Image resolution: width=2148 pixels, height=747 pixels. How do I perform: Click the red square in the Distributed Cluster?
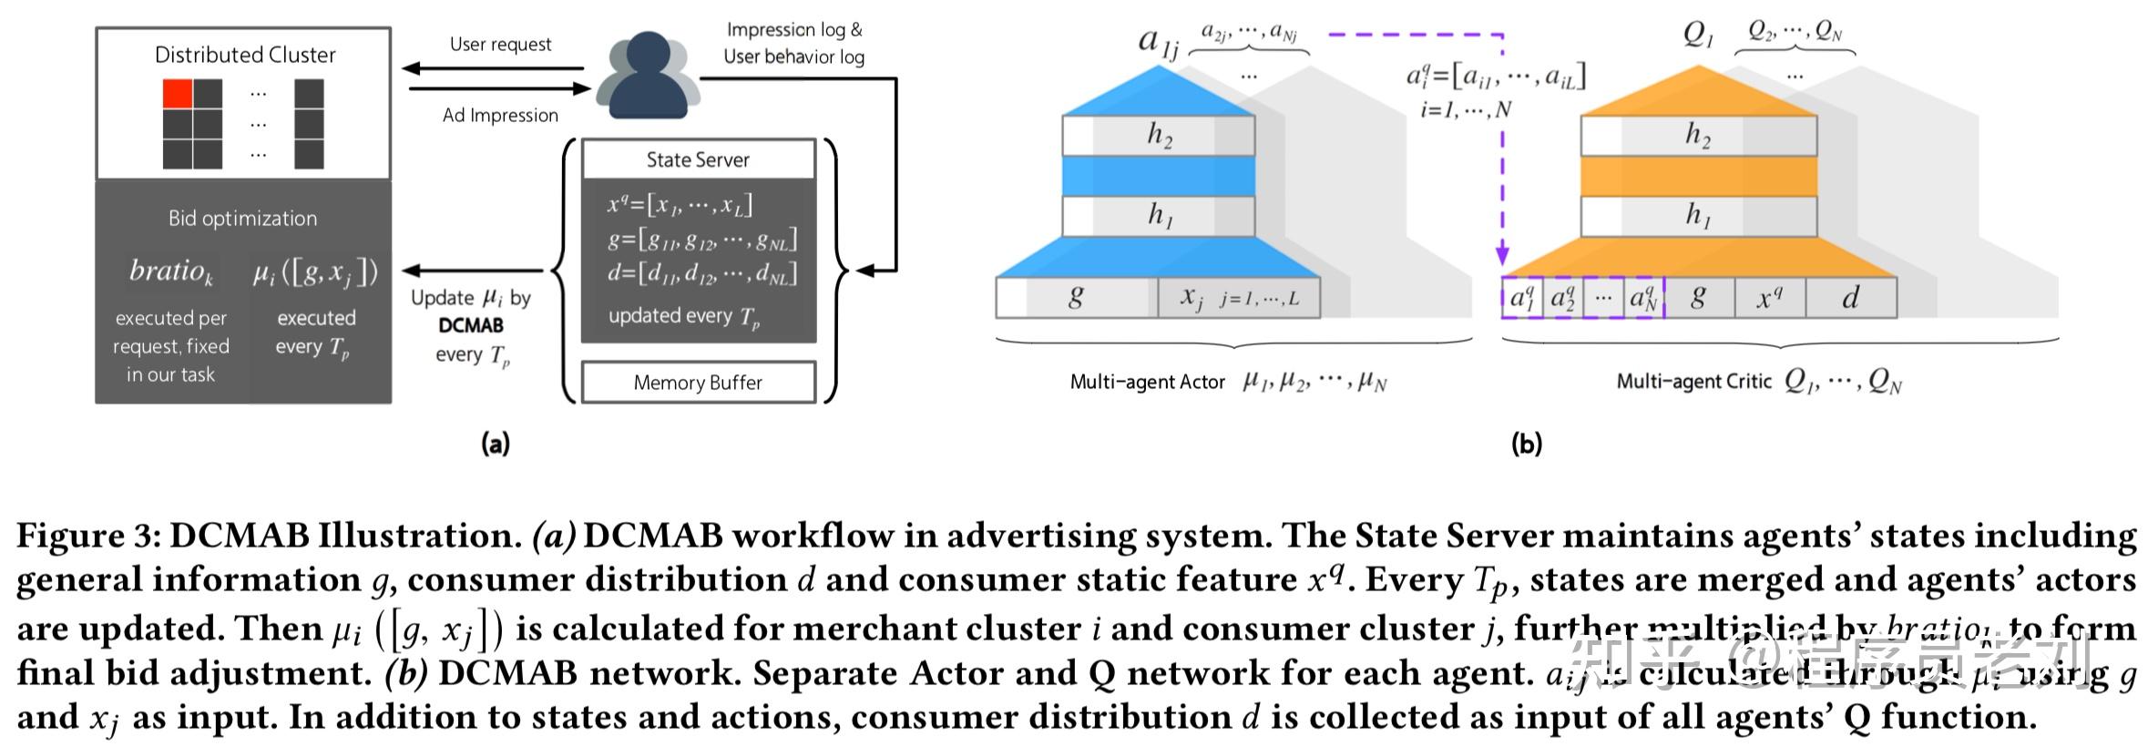point(178,94)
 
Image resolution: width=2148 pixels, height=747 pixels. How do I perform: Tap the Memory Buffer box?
point(698,383)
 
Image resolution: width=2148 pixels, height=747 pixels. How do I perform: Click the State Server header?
point(698,159)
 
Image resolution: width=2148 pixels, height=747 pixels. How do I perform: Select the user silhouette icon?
point(648,77)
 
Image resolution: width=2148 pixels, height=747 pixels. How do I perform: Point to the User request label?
point(500,45)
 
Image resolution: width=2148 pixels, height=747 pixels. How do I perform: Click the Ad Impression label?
point(500,116)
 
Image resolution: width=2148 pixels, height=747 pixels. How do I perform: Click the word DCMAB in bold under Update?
point(471,325)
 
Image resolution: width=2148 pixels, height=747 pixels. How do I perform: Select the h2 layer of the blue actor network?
point(1159,136)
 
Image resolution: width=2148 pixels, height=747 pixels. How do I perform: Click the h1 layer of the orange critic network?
point(1698,216)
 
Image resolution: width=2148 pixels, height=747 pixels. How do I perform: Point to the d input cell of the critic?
point(1850,298)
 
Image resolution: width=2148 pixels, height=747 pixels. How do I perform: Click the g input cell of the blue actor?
point(1076,297)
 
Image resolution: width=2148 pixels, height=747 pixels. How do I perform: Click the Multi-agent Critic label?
point(1693,382)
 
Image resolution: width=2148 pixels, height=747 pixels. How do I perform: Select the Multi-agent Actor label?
point(1147,383)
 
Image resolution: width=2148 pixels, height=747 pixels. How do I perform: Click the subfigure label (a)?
point(496,445)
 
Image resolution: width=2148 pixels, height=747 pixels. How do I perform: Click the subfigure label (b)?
point(1527,445)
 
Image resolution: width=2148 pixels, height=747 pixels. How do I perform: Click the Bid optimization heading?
point(242,219)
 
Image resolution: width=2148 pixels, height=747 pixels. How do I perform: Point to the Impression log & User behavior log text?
point(793,43)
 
